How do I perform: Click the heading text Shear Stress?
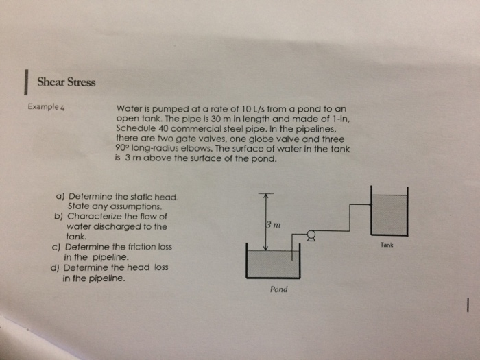click(x=67, y=82)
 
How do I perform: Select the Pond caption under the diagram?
click(x=278, y=289)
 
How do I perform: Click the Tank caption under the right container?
click(x=387, y=245)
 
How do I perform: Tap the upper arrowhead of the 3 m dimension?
click(x=265, y=195)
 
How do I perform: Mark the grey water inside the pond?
click(x=272, y=263)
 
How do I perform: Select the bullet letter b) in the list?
click(x=58, y=217)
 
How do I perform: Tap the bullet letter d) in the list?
click(x=55, y=268)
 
